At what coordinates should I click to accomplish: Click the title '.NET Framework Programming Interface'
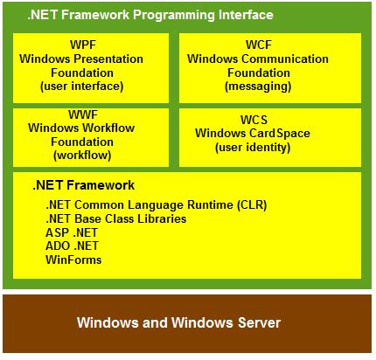coord(150,16)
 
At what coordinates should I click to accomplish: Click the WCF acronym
coord(270,45)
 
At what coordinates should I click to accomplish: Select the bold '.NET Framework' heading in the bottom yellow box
coord(84,185)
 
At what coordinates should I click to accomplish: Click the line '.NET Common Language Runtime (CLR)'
coord(156,204)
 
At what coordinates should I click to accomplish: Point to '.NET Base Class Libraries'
coord(115,218)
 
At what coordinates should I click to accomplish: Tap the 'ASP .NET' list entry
coord(73,232)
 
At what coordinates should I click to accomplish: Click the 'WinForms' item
coord(73,260)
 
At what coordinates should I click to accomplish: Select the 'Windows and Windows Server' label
coord(178,323)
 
